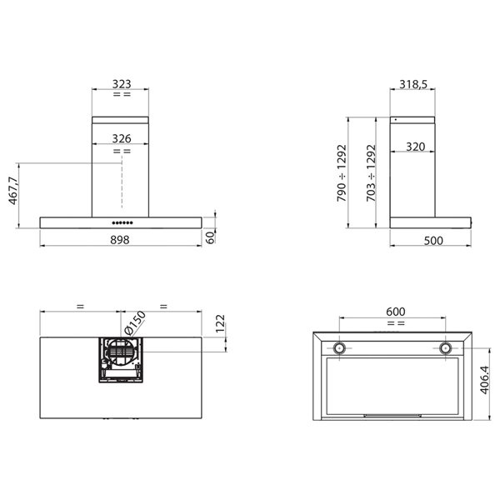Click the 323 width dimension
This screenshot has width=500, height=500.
[x=121, y=85]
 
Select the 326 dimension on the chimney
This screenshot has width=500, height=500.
[x=121, y=137]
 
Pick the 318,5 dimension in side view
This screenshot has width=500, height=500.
[x=414, y=85]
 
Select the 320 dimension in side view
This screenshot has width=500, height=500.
[x=416, y=147]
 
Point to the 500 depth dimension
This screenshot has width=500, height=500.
[x=432, y=240]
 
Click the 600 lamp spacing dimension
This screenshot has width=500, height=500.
[x=396, y=311]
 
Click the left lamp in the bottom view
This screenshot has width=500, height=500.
[x=340, y=347]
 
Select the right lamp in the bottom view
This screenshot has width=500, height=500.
[x=447, y=347]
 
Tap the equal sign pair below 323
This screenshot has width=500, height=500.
[x=121, y=95]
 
